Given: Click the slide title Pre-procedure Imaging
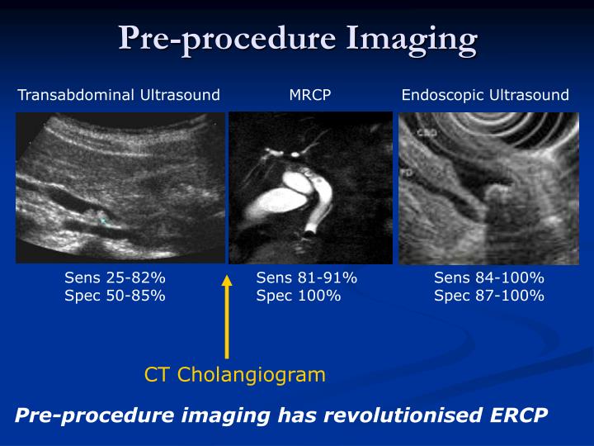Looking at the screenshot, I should click(297, 39).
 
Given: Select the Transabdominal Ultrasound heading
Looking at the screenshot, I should click(119, 95).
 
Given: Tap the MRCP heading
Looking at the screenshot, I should click(310, 95).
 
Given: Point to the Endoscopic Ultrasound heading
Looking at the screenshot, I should click(485, 95).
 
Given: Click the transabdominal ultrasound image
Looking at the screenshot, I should click(120, 187).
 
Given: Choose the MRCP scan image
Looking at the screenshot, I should click(310, 187).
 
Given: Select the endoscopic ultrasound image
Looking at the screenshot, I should click(488, 187).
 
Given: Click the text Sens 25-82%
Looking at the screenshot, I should click(115, 278).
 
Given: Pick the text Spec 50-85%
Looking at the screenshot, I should click(115, 296).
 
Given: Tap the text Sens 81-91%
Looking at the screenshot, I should click(306, 278).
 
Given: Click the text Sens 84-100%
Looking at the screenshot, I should click(489, 278).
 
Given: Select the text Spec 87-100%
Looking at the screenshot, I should click(489, 296).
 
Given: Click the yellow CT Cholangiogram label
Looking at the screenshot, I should click(235, 375).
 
